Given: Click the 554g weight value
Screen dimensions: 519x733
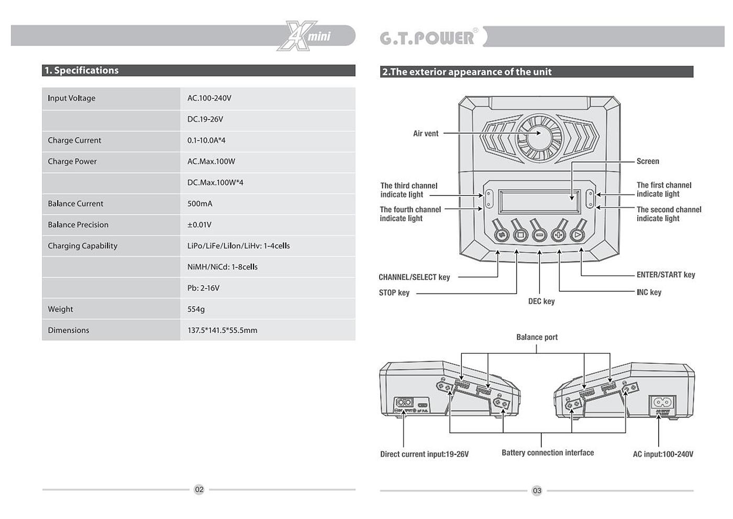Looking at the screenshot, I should (196, 309).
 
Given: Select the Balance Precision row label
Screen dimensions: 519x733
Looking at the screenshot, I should (78, 225).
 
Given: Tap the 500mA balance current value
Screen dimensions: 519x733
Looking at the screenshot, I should (200, 204).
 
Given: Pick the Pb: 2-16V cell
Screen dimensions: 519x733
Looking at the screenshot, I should (204, 288).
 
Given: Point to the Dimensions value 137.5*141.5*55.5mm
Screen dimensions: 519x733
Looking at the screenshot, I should (223, 330).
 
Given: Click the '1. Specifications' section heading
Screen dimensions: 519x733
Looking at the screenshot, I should (82, 70).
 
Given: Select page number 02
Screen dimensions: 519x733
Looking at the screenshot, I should (199, 490).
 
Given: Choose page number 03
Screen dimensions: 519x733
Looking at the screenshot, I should (537, 491).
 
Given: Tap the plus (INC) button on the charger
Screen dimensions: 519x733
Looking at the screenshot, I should (559, 235).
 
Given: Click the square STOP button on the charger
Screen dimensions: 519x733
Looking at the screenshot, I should (520, 235).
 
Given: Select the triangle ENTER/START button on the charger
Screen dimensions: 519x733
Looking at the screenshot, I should (577, 235).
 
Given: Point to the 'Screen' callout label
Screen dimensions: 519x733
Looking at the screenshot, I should (648, 161).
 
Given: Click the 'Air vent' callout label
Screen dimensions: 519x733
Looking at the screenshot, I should (426, 134).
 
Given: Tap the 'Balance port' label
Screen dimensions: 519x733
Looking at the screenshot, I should (537, 338).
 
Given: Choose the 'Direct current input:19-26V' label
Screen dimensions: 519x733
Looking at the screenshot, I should (425, 455).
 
